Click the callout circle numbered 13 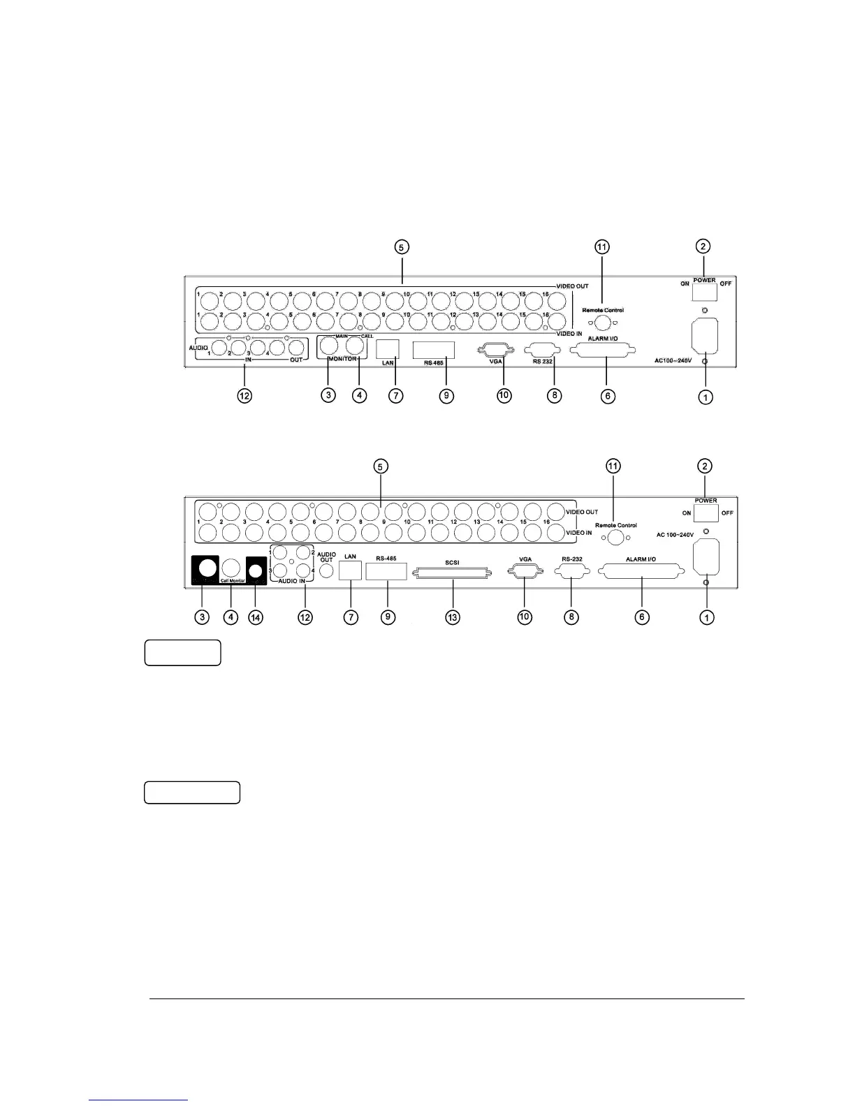(453, 617)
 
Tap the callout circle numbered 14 (256, 617)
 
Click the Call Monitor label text (233, 580)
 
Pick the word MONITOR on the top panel (341, 359)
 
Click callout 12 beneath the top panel (244, 396)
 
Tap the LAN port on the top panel (388, 348)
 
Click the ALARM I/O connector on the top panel (607, 351)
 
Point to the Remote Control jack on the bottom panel (615, 537)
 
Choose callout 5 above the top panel (402, 246)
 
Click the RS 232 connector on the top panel (542, 350)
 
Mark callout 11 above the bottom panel (613, 466)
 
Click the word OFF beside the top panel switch (726, 283)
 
